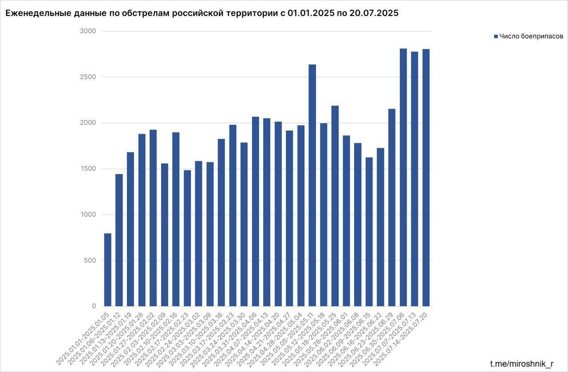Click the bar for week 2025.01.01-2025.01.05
[107, 270]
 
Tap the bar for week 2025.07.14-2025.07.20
[426, 178]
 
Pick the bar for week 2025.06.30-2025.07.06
[403, 178]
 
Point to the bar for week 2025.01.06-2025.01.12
[119, 240]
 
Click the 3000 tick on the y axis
[88, 32]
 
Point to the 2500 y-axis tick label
[88, 77]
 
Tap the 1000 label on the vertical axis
[88, 215]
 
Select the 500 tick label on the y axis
[90, 261]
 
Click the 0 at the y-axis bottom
[94, 306]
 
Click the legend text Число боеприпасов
[531, 36]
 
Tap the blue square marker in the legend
[496, 36]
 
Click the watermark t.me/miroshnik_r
[521, 364]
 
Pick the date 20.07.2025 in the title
[375, 13]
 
